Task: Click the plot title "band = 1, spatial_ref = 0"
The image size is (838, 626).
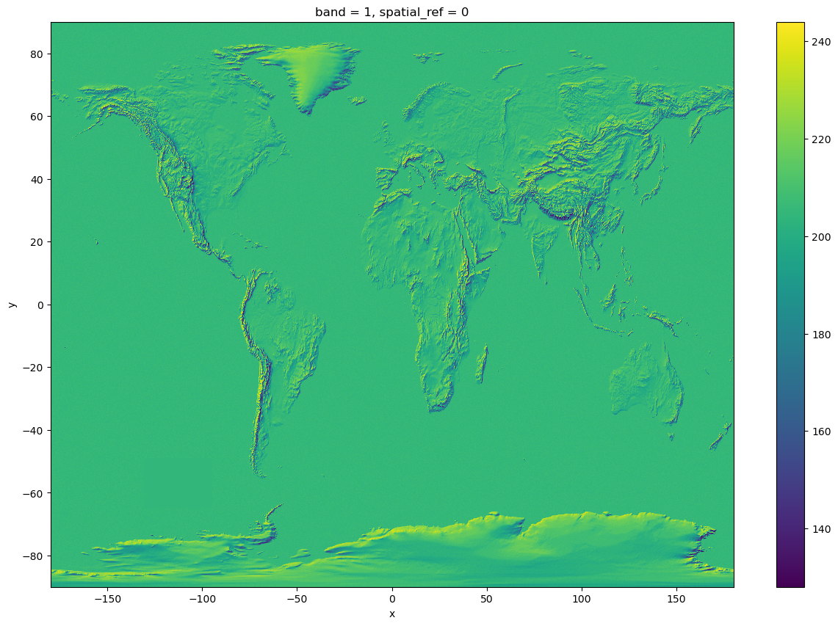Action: (391, 12)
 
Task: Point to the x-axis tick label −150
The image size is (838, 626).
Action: (107, 599)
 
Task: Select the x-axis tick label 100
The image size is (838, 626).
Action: (582, 599)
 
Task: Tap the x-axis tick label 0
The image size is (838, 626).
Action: (392, 599)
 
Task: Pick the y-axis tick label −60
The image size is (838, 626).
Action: (33, 493)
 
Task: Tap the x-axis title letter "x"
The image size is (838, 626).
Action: (392, 614)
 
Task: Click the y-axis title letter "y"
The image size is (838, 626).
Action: (12, 305)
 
